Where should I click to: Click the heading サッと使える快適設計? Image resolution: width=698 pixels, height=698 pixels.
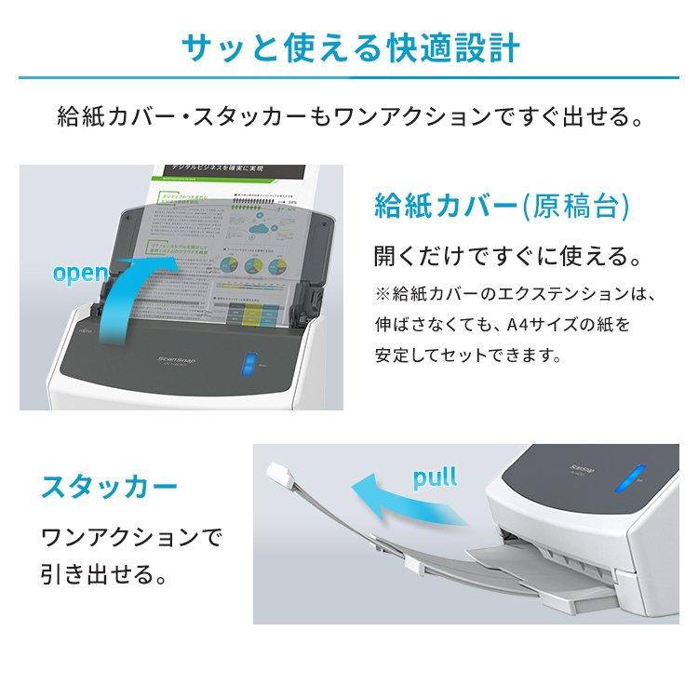pyautogui.click(x=348, y=46)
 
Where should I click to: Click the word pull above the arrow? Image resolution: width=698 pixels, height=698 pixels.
pyautogui.click(x=434, y=479)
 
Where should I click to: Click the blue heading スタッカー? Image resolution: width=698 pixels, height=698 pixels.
pyautogui.click(x=110, y=487)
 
